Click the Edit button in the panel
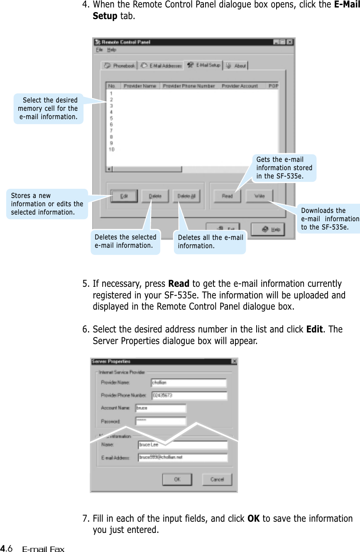click(x=123, y=196)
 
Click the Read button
click(x=227, y=196)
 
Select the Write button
click(x=259, y=196)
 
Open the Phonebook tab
click(x=120, y=66)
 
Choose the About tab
click(x=237, y=66)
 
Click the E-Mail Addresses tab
click(x=161, y=66)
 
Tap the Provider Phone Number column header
click(x=189, y=86)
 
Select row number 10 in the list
click(x=111, y=149)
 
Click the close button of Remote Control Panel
click(x=290, y=42)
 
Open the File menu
click(x=99, y=50)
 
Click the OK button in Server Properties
click(x=177, y=479)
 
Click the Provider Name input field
click(x=189, y=383)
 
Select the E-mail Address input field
click(x=183, y=457)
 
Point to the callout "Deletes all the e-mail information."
click(x=210, y=242)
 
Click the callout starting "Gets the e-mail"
click(x=284, y=168)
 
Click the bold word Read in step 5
click(x=179, y=284)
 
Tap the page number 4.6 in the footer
click(x=8, y=549)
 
